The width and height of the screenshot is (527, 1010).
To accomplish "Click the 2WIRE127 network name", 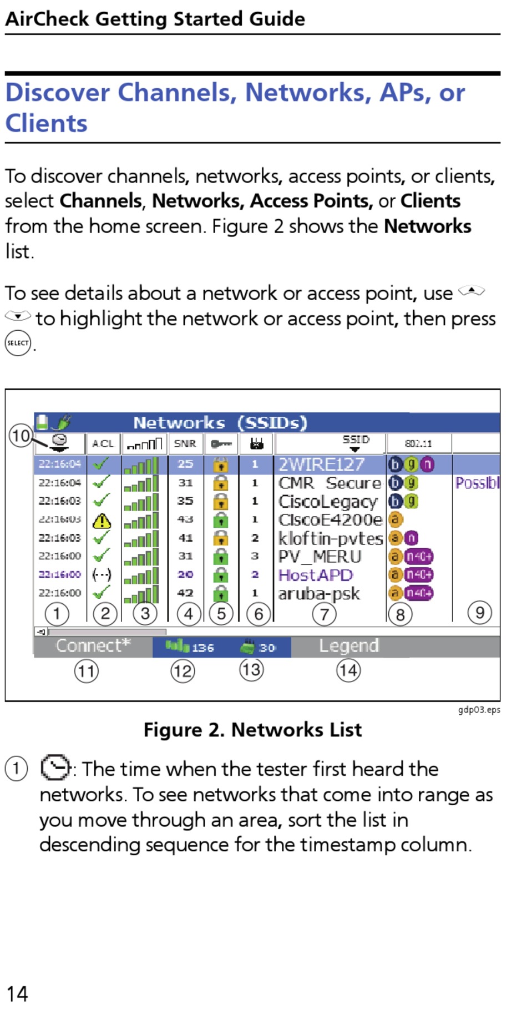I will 321,464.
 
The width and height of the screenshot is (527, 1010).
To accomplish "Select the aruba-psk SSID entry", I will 319,593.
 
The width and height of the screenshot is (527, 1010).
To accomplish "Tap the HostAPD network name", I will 315,575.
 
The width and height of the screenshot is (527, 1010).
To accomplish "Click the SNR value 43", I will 185,519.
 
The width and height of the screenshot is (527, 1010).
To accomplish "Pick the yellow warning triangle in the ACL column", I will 102,521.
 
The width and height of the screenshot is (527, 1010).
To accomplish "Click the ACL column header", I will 103,443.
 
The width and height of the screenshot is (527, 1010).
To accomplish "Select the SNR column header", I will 185,443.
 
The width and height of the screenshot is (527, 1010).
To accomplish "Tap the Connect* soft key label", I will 93,646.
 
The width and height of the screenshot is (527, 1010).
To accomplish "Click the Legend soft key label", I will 349,646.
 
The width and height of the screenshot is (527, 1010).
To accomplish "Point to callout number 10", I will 21,435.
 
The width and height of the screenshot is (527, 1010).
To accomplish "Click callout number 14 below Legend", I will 348,670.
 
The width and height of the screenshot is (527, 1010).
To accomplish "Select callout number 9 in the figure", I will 479,613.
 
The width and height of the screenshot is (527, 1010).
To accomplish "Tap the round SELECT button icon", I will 18,343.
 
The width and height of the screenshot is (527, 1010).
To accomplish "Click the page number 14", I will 17,993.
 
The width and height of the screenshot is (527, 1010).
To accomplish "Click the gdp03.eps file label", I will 479,710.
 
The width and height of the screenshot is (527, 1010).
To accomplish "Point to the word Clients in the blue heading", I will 47,123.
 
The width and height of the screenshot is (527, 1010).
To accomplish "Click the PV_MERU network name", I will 320,556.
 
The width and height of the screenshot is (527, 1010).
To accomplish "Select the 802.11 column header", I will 418,443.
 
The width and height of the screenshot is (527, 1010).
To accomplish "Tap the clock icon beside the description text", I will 55,768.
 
